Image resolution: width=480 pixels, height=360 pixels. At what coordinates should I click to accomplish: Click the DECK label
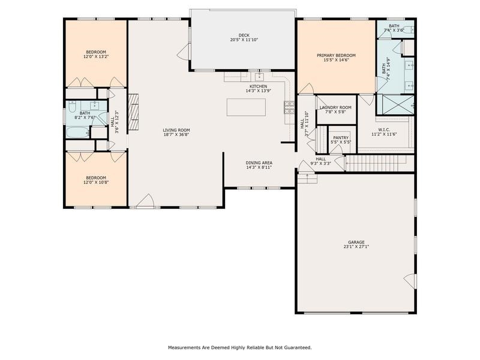click(243, 35)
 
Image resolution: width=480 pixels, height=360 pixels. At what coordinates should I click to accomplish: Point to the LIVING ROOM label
click(176, 130)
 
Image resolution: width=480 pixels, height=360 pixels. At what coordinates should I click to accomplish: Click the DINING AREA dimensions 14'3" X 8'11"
click(259, 167)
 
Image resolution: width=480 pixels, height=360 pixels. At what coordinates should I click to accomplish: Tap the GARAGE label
click(356, 242)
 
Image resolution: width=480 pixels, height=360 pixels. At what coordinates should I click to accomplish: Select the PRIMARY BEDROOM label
click(336, 55)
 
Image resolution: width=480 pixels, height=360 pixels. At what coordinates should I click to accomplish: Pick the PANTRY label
click(341, 137)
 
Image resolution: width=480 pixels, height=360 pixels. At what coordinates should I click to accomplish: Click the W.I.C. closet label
click(384, 130)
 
